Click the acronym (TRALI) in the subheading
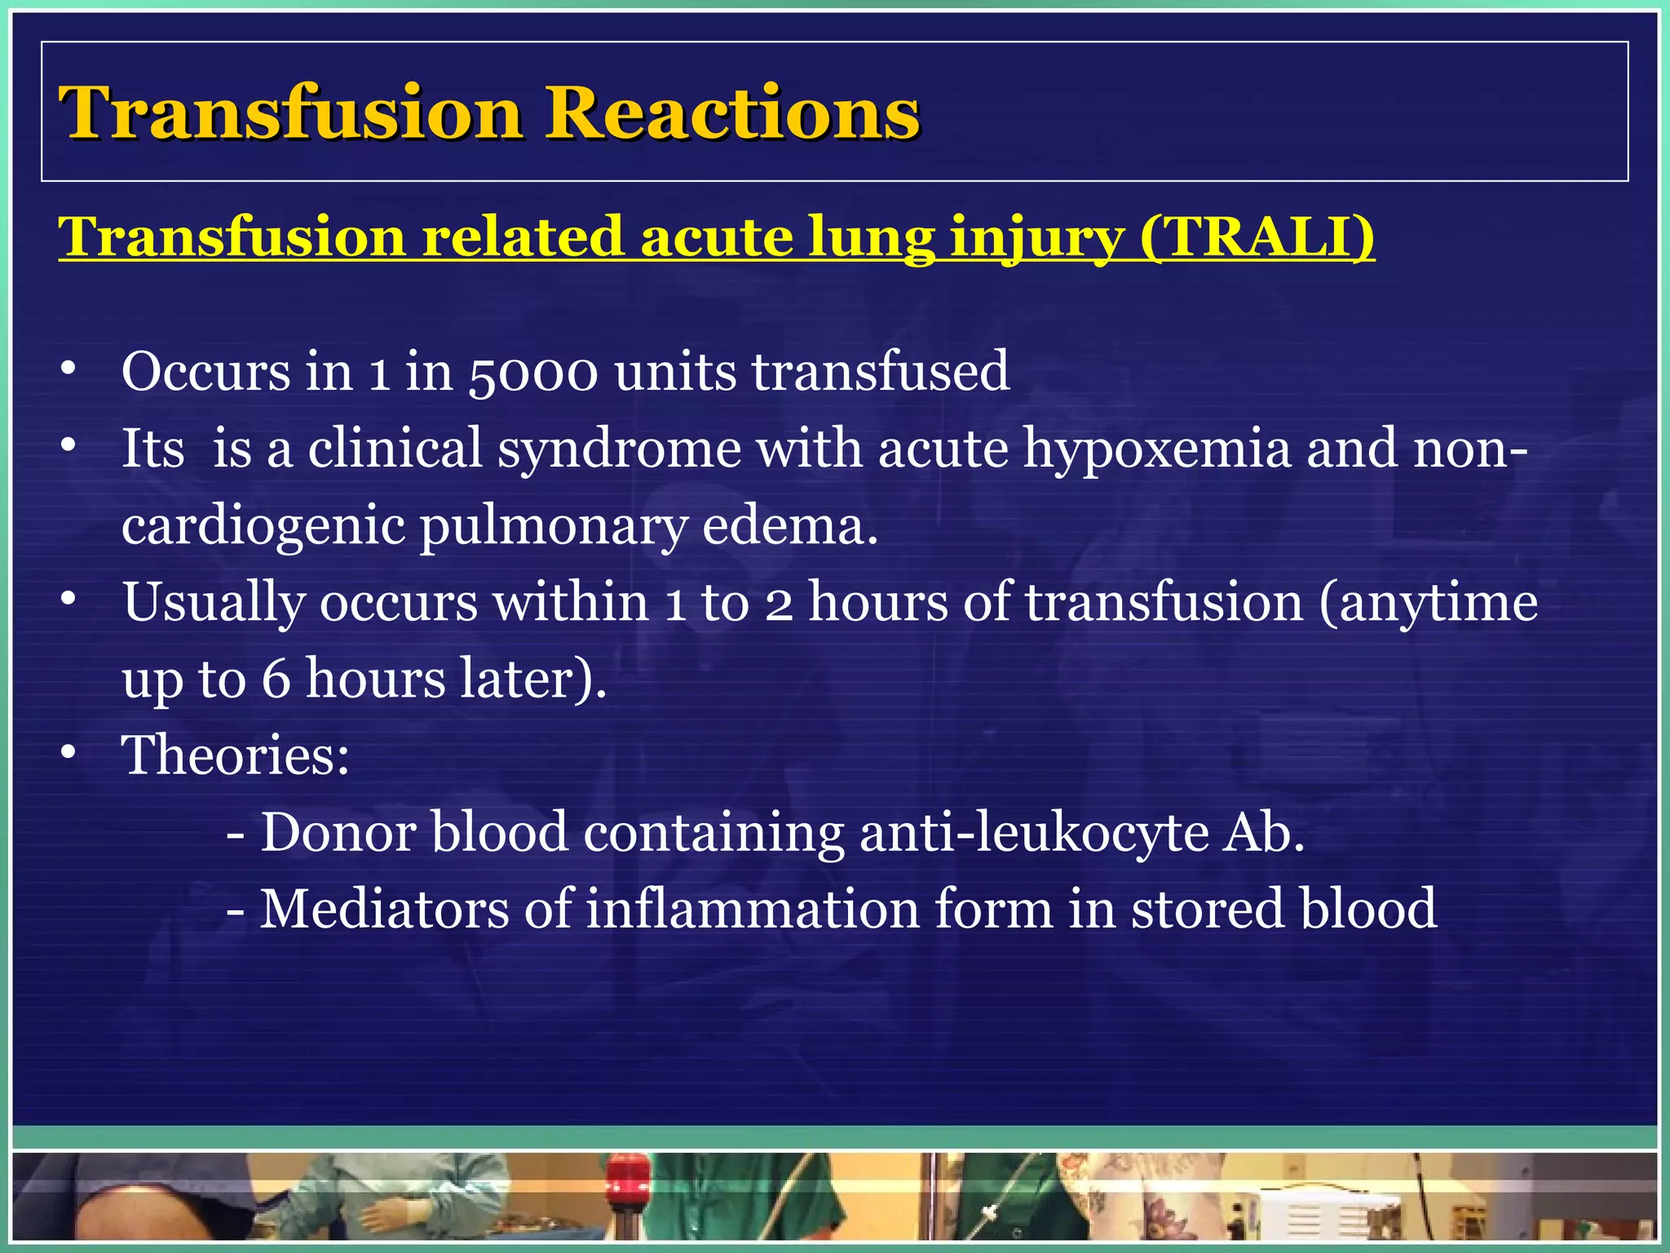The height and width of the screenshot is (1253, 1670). click(x=1257, y=237)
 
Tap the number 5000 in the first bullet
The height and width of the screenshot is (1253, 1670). click(x=533, y=372)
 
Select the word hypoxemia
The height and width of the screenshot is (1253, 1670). click(x=1157, y=449)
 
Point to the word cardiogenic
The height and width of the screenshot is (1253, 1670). click(x=263, y=526)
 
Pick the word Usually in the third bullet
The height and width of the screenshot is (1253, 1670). click(x=214, y=604)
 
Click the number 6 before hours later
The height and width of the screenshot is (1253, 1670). click(x=276, y=679)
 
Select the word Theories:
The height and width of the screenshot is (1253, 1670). click(x=236, y=755)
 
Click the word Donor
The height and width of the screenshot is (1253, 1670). click(x=338, y=833)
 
